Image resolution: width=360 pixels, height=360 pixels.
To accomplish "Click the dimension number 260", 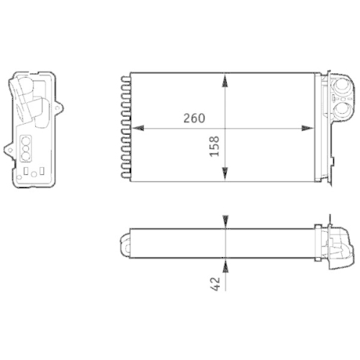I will pyautogui.click(x=193, y=118).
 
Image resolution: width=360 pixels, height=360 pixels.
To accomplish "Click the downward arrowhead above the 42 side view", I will pyautogui.click(x=226, y=222).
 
